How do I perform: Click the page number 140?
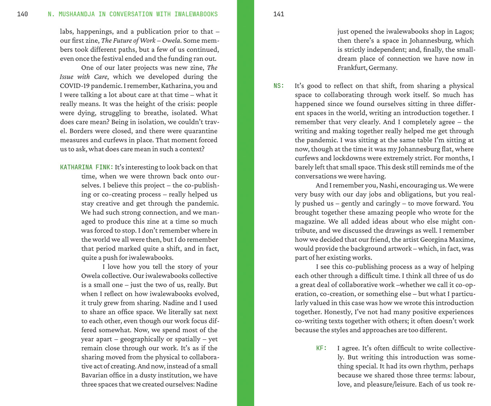pos(22,14)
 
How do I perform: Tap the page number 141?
pos(279,14)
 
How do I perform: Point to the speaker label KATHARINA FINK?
pos(87,167)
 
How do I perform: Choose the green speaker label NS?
pos(279,86)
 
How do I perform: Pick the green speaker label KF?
pos(321,348)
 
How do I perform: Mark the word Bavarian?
pos(95,375)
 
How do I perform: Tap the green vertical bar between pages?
pos(245,203)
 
